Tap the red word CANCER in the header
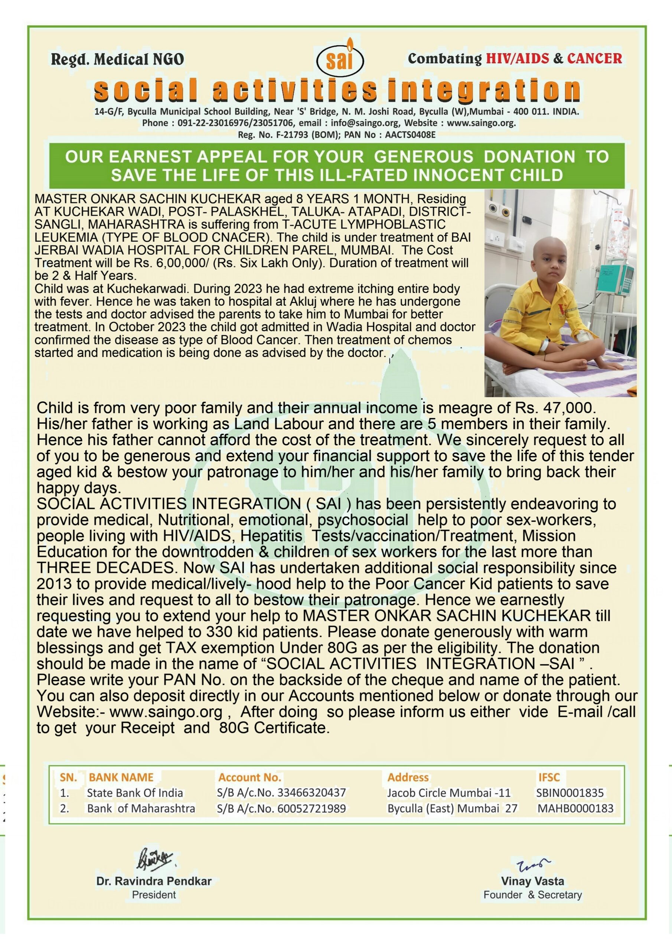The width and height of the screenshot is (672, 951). pos(594,58)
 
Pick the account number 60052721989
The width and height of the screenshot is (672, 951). pos(311,808)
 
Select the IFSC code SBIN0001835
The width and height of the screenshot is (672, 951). pos(570,793)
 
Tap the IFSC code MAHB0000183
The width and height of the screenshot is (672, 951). pos(575,808)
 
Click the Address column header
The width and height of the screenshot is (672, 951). pos(408,778)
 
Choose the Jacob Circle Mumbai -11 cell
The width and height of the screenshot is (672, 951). pos(449,793)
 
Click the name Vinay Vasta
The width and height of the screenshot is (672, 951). pos(532,881)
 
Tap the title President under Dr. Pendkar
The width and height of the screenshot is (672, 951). pos(154,895)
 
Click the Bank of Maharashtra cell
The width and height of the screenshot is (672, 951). pos(141,808)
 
